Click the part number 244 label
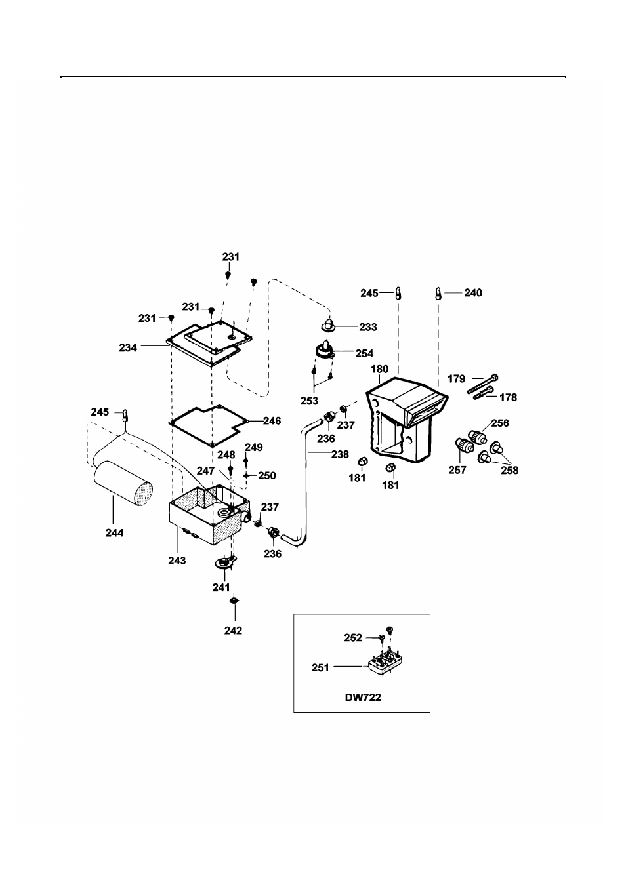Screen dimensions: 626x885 pos(114,533)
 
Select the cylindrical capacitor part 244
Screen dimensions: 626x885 pos(123,484)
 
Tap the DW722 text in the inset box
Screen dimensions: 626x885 pos(363,698)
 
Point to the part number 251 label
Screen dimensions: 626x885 pos(320,668)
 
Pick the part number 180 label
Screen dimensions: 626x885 pos(380,369)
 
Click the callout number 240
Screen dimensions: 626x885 pos(473,293)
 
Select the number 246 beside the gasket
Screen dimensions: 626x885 pos(272,421)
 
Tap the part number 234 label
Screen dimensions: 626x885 pos(128,347)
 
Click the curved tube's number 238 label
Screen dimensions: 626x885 pos(340,454)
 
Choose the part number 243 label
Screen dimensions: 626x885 pos(177,560)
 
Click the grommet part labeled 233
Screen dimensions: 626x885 pos(328,325)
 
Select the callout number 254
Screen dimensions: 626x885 pos(364,353)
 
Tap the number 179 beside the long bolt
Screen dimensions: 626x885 pos(456,379)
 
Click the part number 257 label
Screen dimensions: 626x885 pos(457,470)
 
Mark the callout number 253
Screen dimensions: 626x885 pos(309,401)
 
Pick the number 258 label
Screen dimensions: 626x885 pos(509,470)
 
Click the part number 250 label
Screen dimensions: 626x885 pos(267,475)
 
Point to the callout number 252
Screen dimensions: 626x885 pos(353,638)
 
